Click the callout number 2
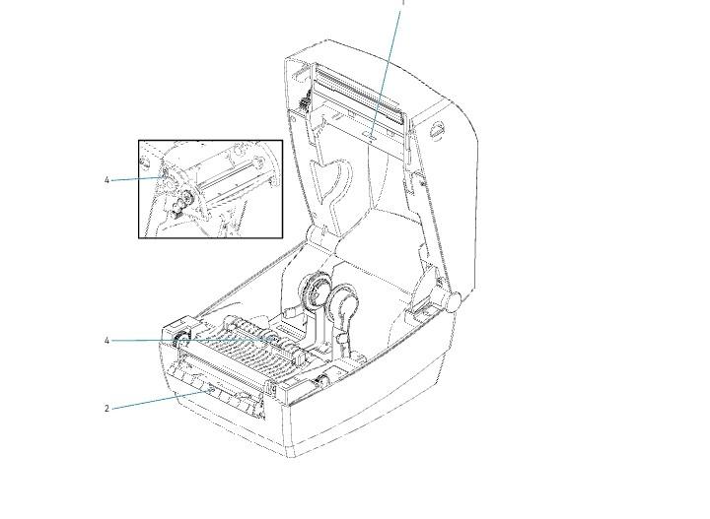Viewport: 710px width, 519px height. pos(106,408)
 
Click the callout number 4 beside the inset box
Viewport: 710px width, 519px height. pos(106,180)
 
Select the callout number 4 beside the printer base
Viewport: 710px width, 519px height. pos(106,341)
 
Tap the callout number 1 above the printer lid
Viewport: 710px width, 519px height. pos(402,3)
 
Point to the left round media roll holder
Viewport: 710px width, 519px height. pos(315,292)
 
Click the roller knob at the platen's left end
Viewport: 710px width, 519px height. pos(181,340)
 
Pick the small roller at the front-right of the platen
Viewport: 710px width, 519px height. pos(322,378)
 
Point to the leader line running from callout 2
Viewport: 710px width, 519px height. pos(158,399)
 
